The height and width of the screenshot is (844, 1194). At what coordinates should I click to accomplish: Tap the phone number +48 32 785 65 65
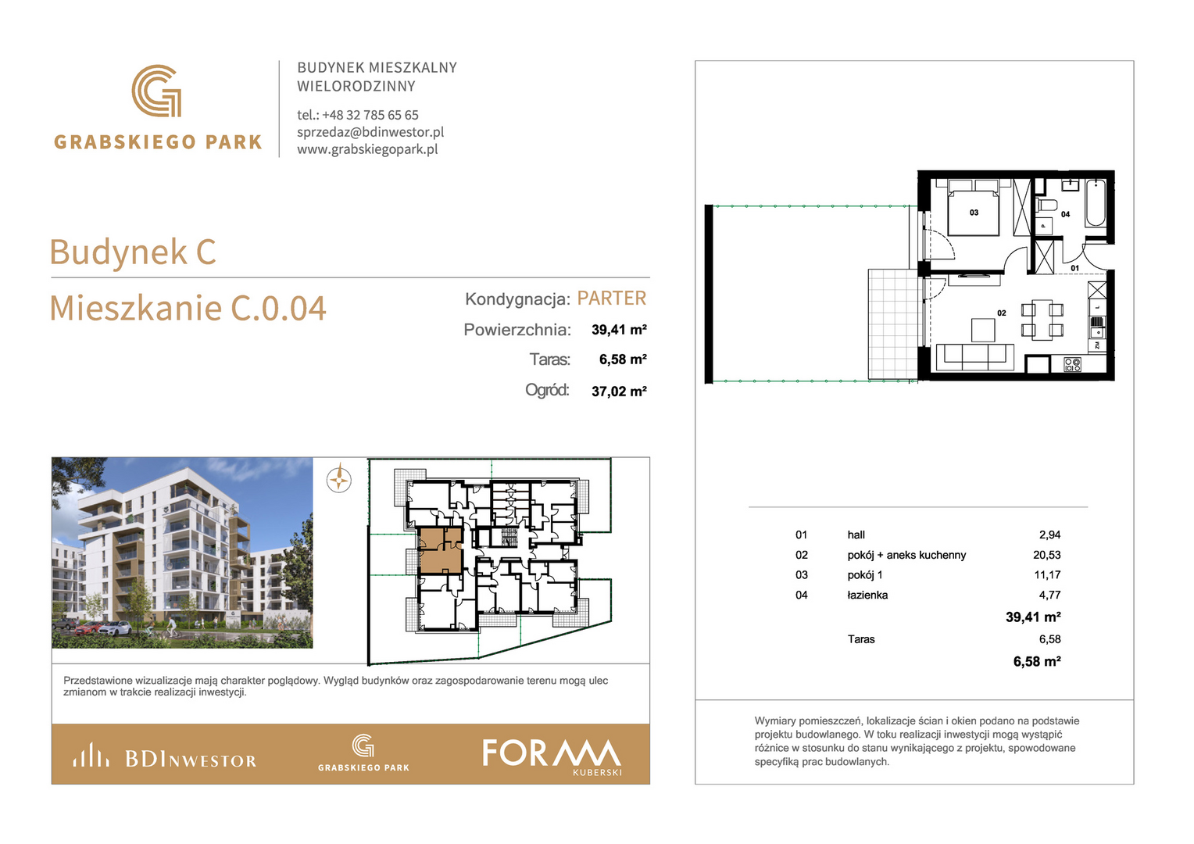pos(370,115)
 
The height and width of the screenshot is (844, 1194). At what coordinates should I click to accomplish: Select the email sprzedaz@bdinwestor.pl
pos(370,132)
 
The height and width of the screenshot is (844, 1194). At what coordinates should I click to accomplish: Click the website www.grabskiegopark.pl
pos(367,149)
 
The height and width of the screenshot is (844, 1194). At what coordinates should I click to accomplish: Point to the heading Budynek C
pos(133,252)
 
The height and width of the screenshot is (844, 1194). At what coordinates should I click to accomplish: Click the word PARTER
pos(611,298)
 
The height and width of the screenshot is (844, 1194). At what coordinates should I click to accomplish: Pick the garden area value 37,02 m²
pos(619,392)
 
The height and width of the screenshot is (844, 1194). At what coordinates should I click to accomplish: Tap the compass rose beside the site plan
pos(339,480)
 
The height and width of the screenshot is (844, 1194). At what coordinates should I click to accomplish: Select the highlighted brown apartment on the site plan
pos(441,550)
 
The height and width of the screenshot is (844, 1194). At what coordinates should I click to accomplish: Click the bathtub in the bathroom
pos(1096,203)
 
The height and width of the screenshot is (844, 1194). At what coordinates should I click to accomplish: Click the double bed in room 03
pos(974,208)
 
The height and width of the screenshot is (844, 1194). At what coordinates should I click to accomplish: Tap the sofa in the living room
pos(975,356)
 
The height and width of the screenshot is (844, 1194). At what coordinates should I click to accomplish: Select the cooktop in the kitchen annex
pos(1072,365)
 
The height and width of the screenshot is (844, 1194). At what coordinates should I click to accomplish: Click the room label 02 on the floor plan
pos(1002,313)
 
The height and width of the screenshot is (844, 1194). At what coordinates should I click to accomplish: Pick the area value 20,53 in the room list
pos(1047,555)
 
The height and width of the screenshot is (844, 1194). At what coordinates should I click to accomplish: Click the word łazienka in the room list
pos(867,595)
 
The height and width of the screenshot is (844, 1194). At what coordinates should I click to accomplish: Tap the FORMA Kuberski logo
pos(552,756)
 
